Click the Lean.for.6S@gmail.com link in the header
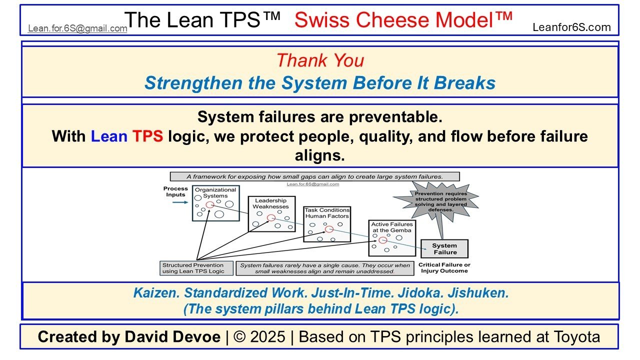(77, 28)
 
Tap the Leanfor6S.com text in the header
(571, 27)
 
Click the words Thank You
(320, 60)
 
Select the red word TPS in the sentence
(147, 136)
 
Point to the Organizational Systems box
(215, 203)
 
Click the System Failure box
(444, 248)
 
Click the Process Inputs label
(175, 191)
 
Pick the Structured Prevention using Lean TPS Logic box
(196, 268)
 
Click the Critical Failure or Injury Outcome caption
(444, 267)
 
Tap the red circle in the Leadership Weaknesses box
(271, 218)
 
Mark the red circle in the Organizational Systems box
(209, 205)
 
